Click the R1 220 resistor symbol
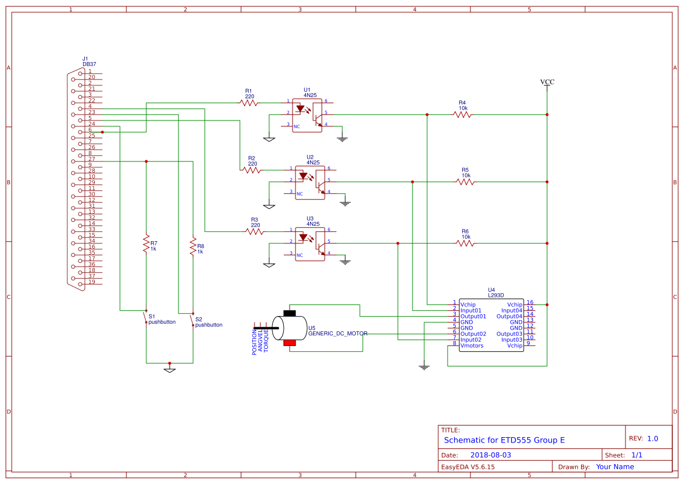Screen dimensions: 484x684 click(x=249, y=102)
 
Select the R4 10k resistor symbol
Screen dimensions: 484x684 click(x=462, y=115)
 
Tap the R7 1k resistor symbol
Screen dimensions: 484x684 click(x=146, y=244)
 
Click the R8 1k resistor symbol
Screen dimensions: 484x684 click(x=193, y=246)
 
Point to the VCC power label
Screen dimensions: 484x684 click(x=547, y=82)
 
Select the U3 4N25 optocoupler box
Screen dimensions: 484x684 click(x=310, y=244)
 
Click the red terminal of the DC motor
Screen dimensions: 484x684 click(x=290, y=342)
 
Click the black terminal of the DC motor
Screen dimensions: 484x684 click(x=290, y=313)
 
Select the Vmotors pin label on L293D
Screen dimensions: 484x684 click(x=472, y=346)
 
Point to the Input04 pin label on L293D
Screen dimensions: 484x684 click(x=511, y=310)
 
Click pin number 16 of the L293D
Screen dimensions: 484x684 click(x=530, y=303)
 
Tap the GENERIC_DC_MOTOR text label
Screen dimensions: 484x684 click(x=338, y=334)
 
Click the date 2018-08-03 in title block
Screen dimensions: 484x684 click(x=490, y=455)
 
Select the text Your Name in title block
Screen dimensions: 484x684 click(x=615, y=466)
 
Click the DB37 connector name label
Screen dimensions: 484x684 click(x=89, y=64)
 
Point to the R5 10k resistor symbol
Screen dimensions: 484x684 click(x=465, y=182)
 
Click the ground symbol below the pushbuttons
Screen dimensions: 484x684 click(x=169, y=369)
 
